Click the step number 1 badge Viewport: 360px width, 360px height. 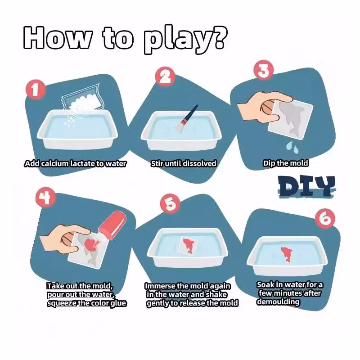coord(35,90)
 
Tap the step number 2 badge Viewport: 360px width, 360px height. coord(165,76)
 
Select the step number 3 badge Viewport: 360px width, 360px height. coord(264,70)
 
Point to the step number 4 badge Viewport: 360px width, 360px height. coord(45,198)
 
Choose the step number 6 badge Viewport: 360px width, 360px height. coord(325,218)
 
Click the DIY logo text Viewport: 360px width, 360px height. coord(306,186)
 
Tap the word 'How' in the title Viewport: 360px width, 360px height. coord(58,37)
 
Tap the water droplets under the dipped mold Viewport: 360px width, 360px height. coord(292,147)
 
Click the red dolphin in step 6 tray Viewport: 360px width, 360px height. coord(286,254)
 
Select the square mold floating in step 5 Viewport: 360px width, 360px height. coord(188,245)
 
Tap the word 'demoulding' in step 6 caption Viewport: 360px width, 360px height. coord(278,301)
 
